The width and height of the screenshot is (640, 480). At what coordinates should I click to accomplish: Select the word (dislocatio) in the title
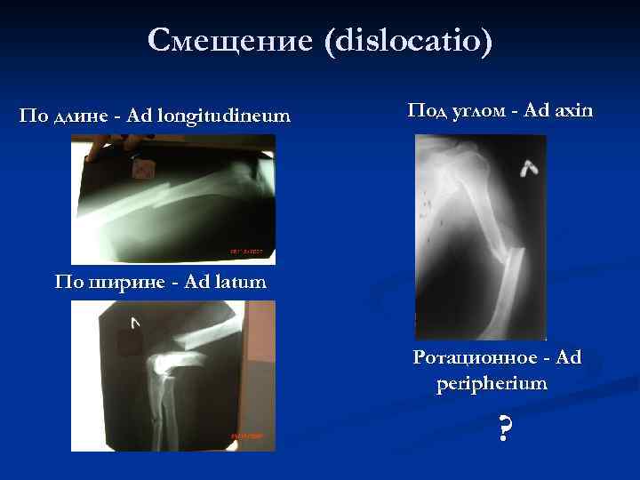[409, 41]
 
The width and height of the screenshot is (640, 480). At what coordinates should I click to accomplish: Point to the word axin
[573, 111]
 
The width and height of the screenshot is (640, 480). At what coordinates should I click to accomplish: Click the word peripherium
[492, 384]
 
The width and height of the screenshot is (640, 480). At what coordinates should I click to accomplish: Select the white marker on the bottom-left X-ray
[134, 323]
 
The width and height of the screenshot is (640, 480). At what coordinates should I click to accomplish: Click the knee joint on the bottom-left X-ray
[164, 364]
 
